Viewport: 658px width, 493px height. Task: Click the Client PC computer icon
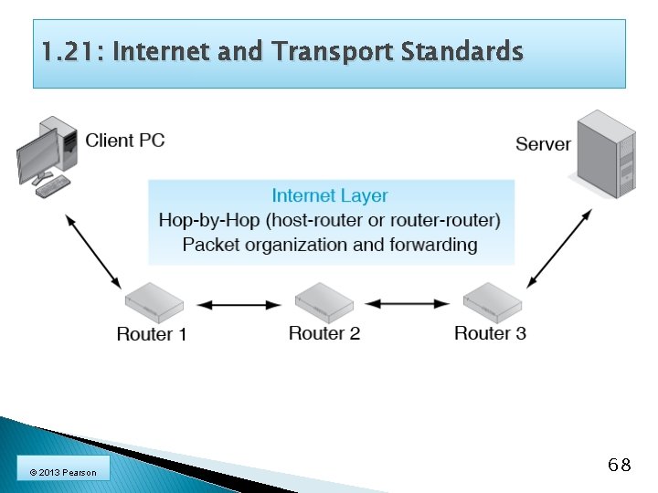click(x=46, y=155)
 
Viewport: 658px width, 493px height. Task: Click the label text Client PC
click(x=125, y=141)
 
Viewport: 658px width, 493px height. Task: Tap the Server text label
click(x=543, y=143)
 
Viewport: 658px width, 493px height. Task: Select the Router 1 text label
click(x=152, y=334)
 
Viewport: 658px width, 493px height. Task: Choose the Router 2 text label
click(x=324, y=333)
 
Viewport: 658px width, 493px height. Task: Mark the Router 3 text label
click(x=490, y=333)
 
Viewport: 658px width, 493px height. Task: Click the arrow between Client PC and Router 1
click(x=92, y=251)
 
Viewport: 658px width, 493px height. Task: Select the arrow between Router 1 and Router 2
click(x=239, y=304)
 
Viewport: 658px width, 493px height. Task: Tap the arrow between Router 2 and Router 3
click(x=408, y=303)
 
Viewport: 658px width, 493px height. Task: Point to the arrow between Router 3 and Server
click(x=558, y=247)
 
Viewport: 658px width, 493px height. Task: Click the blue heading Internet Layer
click(x=330, y=195)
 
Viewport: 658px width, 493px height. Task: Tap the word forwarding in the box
click(x=432, y=245)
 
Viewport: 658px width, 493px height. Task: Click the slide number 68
click(x=619, y=466)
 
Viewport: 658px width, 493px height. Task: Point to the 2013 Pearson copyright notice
click(x=62, y=472)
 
